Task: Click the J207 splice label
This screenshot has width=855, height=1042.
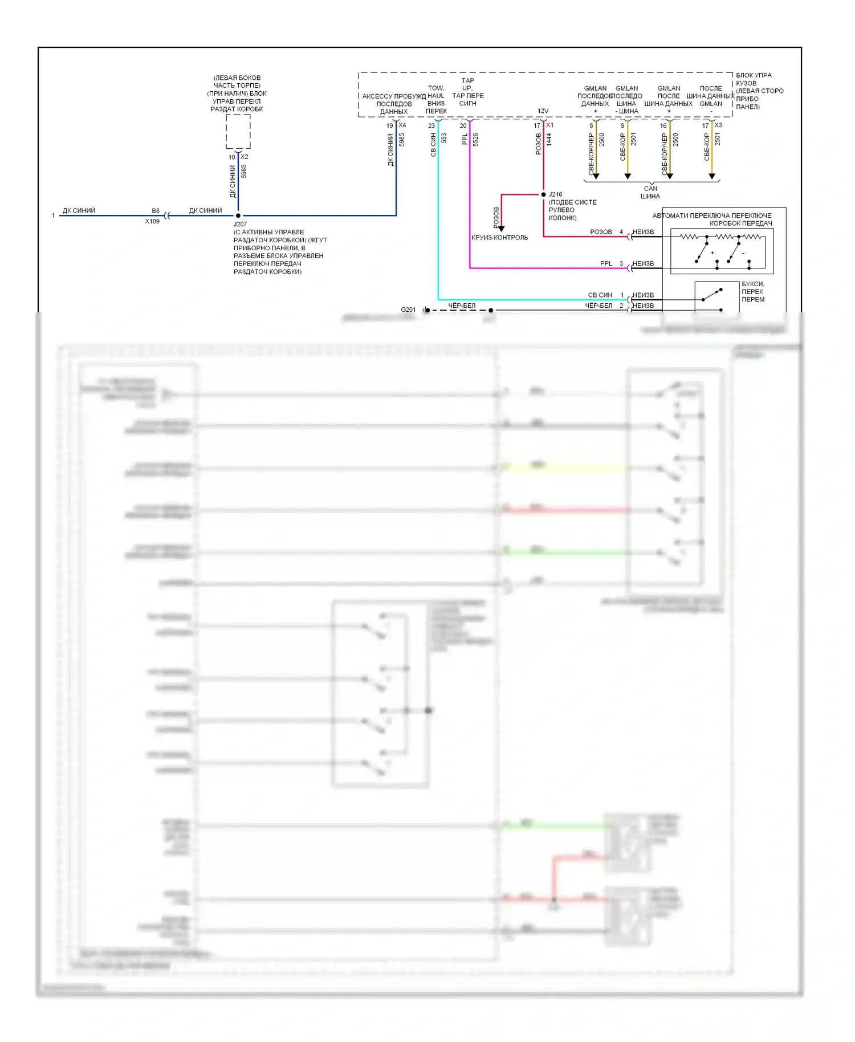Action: [x=240, y=224]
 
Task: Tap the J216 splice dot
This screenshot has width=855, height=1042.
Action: [x=543, y=194]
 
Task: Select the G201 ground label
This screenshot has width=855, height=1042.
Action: [x=408, y=310]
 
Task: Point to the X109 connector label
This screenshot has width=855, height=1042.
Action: [x=152, y=221]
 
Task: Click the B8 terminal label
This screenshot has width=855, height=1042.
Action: [x=156, y=211]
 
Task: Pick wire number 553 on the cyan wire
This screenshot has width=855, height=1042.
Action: [x=443, y=139]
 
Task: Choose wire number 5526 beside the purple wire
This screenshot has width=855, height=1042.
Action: [x=475, y=140]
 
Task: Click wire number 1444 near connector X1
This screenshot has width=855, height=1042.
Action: [x=549, y=140]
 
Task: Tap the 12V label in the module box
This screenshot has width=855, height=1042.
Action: [x=543, y=111]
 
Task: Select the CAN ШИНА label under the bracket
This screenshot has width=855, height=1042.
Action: [x=650, y=192]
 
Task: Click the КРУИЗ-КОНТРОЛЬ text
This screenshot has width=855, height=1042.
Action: [x=500, y=238]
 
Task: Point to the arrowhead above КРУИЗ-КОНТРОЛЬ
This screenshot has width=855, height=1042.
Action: [x=502, y=229]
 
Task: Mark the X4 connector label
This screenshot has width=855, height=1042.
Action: [x=402, y=125]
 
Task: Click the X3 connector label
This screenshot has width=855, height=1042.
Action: [x=718, y=125]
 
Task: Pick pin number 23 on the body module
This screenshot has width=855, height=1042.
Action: [x=431, y=126]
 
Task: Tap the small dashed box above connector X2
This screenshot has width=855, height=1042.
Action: [x=238, y=132]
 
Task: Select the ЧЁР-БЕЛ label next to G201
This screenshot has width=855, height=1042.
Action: [x=462, y=306]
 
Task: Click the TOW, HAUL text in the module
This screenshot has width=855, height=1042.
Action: [x=436, y=92]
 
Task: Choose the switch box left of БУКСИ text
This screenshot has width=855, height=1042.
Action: [x=716, y=296]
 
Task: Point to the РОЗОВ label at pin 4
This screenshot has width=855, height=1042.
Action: [x=601, y=232]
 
